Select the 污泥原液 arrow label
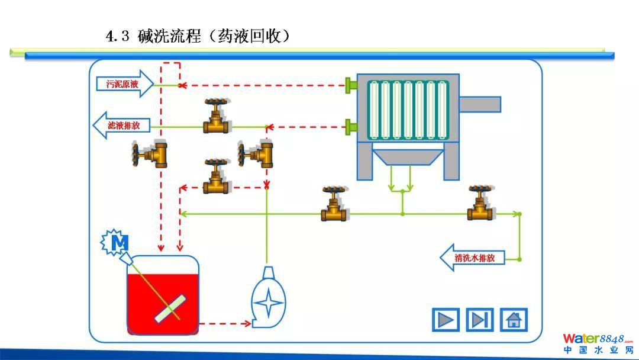123,84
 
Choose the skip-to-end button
479,320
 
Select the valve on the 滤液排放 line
217,117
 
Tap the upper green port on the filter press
351,85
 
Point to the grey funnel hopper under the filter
408,156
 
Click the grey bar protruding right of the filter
480,104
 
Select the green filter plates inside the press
408,110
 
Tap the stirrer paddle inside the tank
170,308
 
